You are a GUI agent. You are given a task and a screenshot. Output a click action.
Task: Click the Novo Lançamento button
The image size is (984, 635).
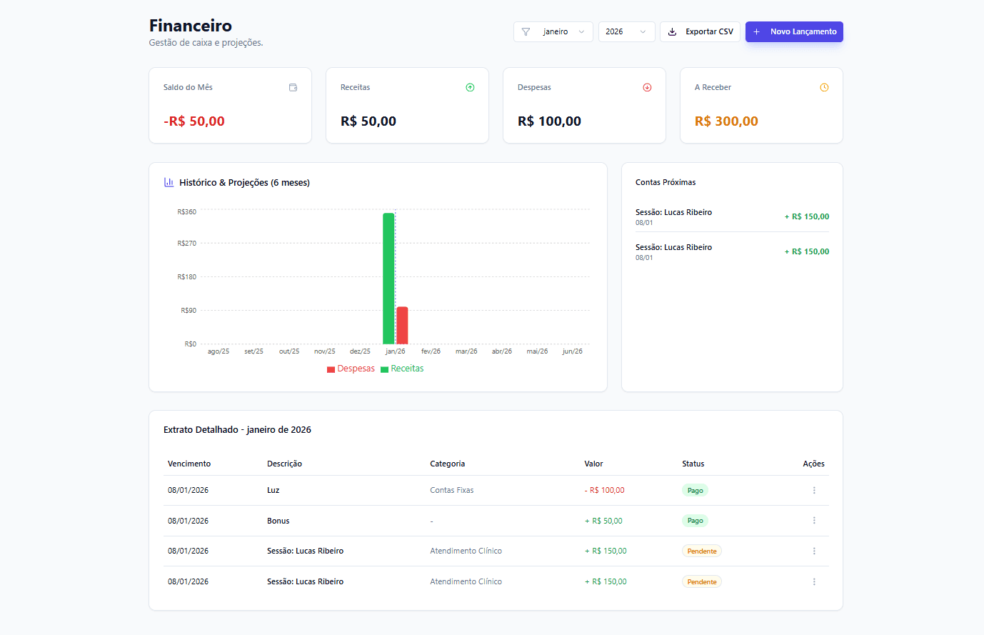(x=794, y=31)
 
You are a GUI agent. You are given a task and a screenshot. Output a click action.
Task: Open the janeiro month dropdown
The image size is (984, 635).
(x=553, y=31)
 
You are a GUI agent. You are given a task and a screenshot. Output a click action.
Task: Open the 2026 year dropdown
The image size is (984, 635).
(x=626, y=31)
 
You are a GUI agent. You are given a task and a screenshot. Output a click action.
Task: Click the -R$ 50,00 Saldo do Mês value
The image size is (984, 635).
(x=194, y=121)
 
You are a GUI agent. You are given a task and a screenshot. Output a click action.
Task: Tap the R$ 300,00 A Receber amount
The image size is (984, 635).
(x=726, y=121)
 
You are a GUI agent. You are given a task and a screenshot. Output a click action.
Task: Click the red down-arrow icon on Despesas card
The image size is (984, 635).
(x=647, y=88)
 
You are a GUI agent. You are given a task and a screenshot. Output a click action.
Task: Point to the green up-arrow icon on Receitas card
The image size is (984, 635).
(x=470, y=88)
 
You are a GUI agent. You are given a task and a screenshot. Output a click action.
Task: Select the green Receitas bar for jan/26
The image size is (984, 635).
(x=388, y=279)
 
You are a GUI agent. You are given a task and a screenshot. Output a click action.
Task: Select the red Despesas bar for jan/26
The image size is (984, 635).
(x=402, y=326)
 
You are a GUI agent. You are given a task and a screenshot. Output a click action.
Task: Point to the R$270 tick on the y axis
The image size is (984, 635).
(x=187, y=244)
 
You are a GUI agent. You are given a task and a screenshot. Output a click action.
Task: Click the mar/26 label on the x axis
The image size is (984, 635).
(x=466, y=351)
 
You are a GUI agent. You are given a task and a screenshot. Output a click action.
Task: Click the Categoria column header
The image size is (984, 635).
(x=448, y=464)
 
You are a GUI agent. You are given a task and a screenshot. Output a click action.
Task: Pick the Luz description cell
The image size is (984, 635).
(x=273, y=490)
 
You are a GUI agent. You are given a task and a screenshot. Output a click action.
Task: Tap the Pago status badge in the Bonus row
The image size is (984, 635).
(x=695, y=521)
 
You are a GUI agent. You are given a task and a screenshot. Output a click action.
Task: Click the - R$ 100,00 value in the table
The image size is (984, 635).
(x=604, y=490)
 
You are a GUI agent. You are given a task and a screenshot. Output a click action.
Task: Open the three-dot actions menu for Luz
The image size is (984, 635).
(x=814, y=490)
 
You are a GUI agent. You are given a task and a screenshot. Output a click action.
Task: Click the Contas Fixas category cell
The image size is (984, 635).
(x=452, y=490)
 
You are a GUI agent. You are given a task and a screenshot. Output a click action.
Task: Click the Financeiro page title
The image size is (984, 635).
(x=191, y=26)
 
